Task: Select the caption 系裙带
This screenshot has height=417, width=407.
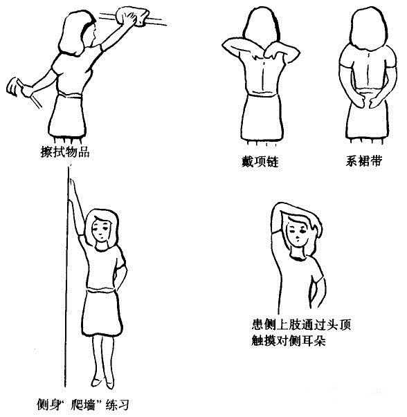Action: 363,163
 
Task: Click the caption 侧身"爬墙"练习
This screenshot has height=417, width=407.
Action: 82,404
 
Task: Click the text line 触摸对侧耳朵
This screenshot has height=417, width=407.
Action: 289,342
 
